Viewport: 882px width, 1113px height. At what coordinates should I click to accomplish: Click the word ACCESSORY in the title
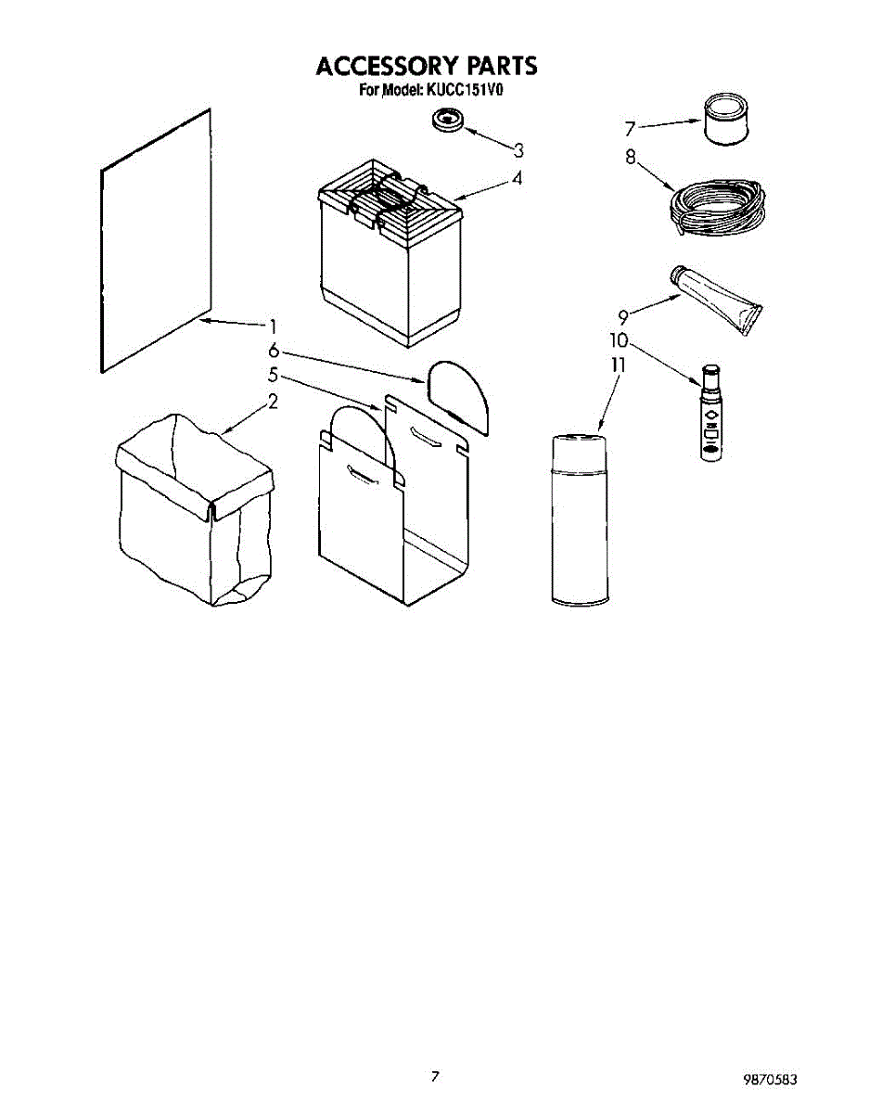tap(373, 67)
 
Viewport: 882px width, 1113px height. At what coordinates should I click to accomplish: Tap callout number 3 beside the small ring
tap(518, 150)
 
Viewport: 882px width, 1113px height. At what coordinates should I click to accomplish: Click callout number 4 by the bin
tap(517, 179)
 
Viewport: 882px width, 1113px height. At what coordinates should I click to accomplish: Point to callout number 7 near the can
tap(629, 128)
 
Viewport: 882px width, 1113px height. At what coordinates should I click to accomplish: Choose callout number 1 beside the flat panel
tap(273, 326)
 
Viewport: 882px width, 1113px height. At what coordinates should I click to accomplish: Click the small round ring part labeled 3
tap(450, 121)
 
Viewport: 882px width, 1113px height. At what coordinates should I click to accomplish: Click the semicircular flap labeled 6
tap(461, 392)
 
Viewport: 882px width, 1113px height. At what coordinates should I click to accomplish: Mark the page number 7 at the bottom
tap(434, 1077)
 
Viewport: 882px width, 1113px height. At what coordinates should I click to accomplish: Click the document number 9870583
tap(770, 1080)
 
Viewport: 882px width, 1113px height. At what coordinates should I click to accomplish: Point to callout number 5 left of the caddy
tap(273, 376)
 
